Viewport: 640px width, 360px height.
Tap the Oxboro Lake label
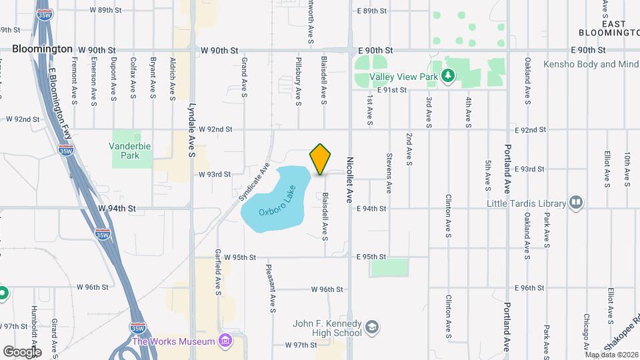(x=275, y=205)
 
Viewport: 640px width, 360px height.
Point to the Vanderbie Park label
(x=125, y=150)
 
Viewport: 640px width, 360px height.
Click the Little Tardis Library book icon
(x=576, y=203)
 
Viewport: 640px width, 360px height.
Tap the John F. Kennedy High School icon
(x=371, y=328)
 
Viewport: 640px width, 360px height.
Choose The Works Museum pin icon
(x=225, y=341)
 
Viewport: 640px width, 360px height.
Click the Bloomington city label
(x=43, y=49)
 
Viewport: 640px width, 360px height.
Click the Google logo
(x=22, y=351)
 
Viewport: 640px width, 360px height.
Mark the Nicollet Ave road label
(x=349, y=179)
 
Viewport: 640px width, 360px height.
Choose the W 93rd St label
(x=214, y=174)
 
